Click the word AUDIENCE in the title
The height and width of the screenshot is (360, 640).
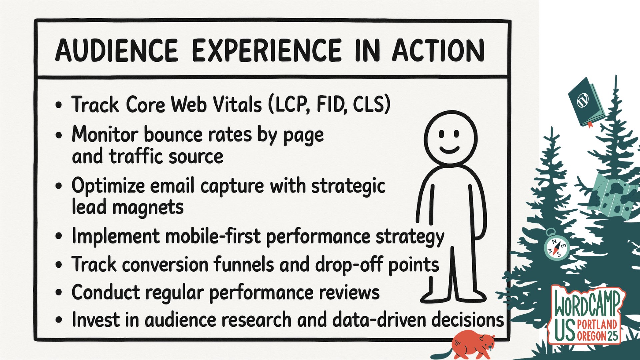117,51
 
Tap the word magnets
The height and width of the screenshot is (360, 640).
148,207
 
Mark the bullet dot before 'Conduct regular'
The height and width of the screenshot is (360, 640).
59,293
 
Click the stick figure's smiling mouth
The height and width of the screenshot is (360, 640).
449,149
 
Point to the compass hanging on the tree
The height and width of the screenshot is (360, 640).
556,247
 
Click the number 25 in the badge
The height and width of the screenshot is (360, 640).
613,335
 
